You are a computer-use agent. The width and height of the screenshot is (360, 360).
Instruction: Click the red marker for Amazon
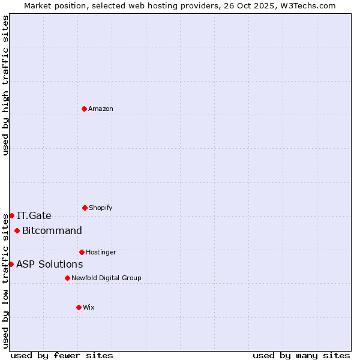[x=84, y=109]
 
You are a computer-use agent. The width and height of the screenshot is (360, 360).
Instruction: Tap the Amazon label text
[x=100, y=109]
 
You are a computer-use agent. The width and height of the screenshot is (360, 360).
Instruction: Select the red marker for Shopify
[x=85, y=208]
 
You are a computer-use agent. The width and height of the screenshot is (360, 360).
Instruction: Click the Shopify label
[x=100, y=208]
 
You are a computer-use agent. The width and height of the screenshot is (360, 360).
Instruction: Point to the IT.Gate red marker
[x=11, y=215]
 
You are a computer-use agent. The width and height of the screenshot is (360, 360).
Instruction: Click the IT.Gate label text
[x=34, y=215]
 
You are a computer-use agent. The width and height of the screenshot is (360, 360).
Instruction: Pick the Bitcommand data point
[x=17, y=230]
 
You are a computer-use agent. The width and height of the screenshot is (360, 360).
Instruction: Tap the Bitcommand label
[x=52, y=230]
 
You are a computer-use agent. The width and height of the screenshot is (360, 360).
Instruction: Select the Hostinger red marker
[x=82, y=252]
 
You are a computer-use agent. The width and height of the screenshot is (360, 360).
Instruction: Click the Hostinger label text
[x=101, y=252]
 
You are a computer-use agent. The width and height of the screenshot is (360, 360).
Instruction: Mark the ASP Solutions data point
[x=11, y=264]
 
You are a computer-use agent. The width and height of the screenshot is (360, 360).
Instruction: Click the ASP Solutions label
[x=49, y=264]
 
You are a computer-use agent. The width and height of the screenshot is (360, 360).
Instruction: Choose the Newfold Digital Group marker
[x=67, y=278]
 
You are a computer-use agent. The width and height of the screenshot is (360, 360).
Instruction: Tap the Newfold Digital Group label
[x=106, y=278]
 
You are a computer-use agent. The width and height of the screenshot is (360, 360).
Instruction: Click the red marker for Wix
[x=79, y=307]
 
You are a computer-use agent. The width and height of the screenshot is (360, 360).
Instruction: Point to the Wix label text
[x=89, y=307]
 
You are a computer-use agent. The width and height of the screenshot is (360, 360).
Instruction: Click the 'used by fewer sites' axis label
[x=62, y=355]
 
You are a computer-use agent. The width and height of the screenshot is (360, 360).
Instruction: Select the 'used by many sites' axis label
[x=301, y=355]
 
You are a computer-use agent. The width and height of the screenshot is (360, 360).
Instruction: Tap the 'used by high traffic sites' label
[x=5, y=85]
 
